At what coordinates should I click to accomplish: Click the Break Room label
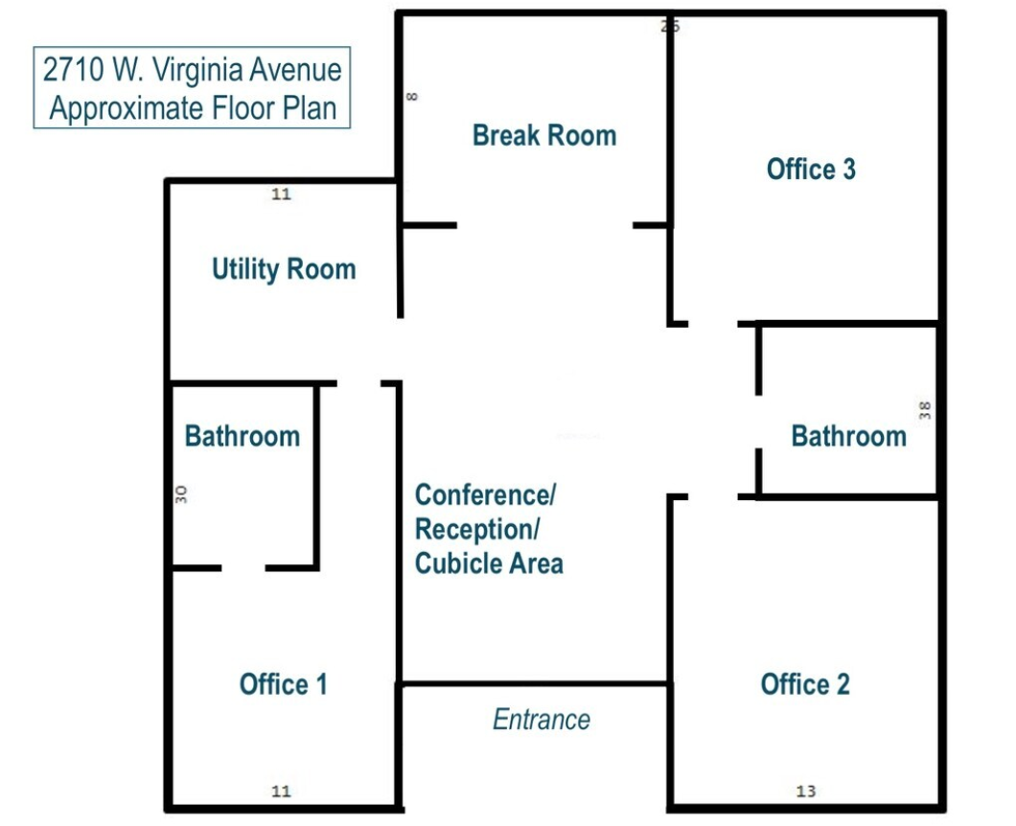(544, 135)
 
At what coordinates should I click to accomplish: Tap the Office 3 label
(811, 169)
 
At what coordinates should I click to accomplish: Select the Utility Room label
(284, 269)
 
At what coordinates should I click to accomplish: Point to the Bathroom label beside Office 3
(849, 436)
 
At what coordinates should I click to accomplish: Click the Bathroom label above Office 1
(242, 436)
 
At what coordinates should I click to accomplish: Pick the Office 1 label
(283, 684)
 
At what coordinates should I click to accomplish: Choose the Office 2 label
(805, 684)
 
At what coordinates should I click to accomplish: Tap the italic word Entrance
(542, 719)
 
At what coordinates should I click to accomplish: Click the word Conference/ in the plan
(486, 495)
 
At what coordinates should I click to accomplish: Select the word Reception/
(477, 530)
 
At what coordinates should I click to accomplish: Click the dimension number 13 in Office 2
(805, 791)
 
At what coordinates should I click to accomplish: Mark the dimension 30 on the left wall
(181, 494)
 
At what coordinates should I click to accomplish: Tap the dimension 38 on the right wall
(925, 410)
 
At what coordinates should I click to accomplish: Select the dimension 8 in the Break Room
(412, 97)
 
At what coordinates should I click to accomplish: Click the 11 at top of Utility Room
(281, 194)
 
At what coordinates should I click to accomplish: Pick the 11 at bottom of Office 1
(281, 791)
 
